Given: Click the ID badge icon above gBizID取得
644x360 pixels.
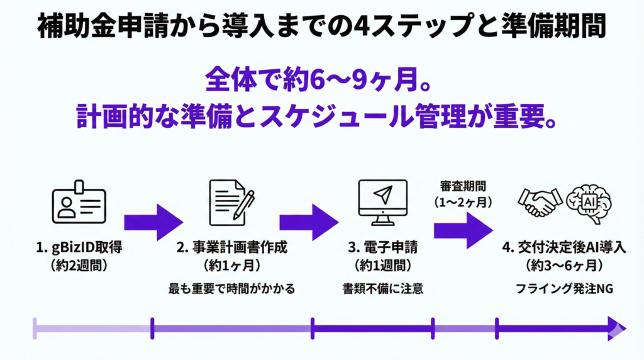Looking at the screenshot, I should pos(78,201).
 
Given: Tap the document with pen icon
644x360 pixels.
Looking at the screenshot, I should pos(230,200).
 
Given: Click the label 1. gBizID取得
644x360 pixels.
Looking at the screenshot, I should pos(79,247).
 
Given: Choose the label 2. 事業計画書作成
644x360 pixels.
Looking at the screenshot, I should pos(232,247).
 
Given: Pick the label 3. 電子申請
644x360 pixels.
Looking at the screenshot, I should pos(382,247).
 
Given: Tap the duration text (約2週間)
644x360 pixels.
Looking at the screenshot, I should pos(79,265).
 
